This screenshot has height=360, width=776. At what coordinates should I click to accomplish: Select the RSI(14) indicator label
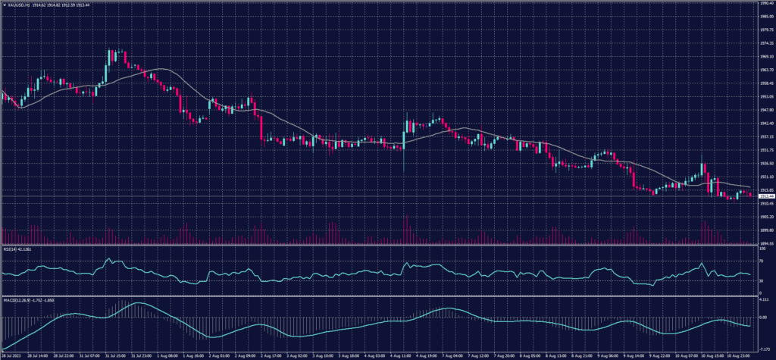click(x=10, y=249)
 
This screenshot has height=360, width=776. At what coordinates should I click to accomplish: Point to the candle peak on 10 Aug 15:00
click(x=702, y=155)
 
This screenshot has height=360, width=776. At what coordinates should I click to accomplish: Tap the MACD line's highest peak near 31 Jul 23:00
click(x=139, y=303)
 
